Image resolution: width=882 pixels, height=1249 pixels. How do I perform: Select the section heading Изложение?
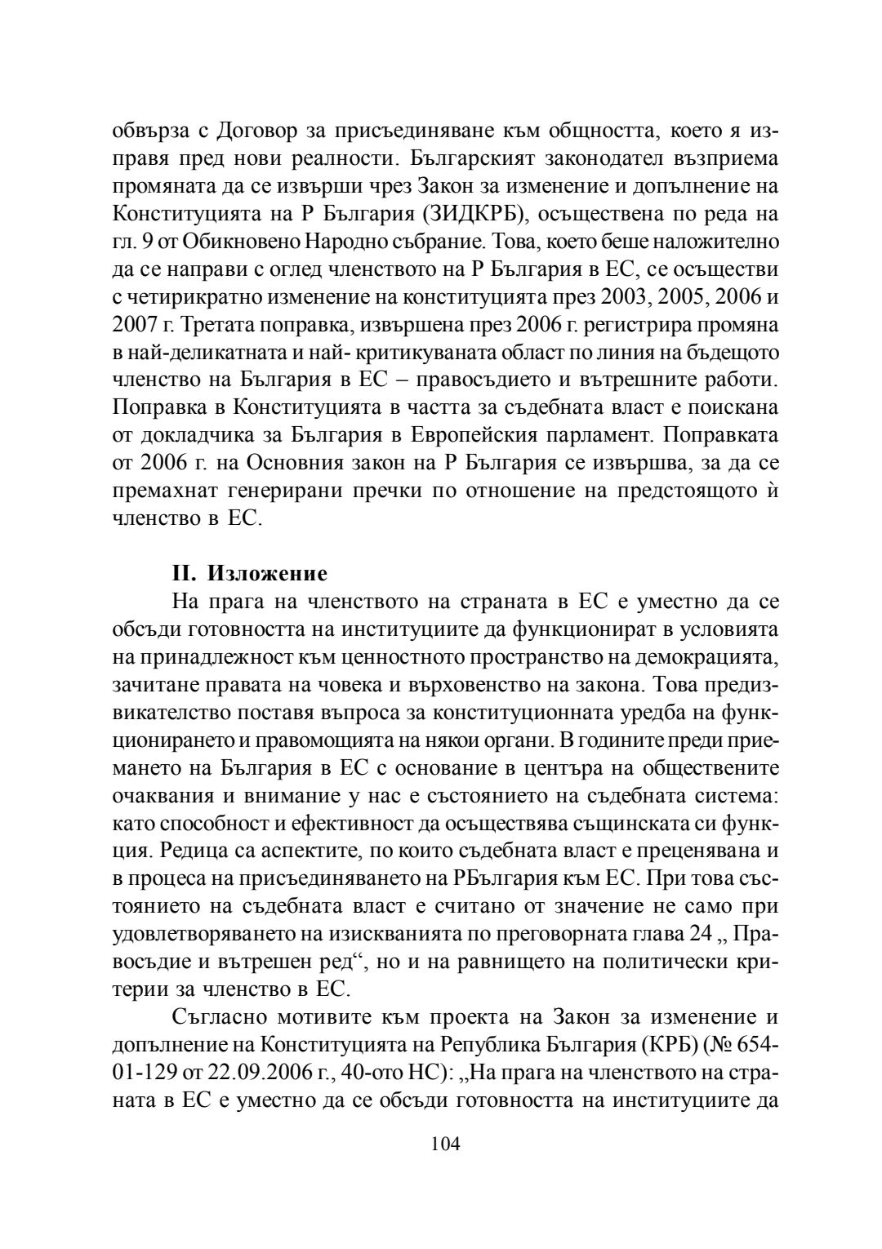(268, 573)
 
